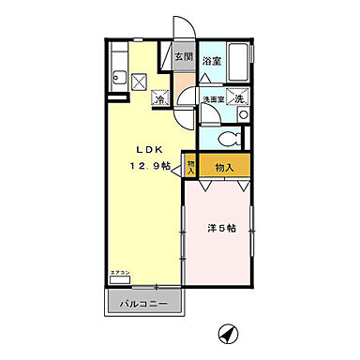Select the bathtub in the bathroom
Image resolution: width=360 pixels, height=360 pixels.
coord(240,65)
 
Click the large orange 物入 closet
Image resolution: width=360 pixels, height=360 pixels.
coord(224,167)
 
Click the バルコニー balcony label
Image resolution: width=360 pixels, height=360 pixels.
coord(142,304)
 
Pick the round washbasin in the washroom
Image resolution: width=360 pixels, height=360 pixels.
coord(243,114)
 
